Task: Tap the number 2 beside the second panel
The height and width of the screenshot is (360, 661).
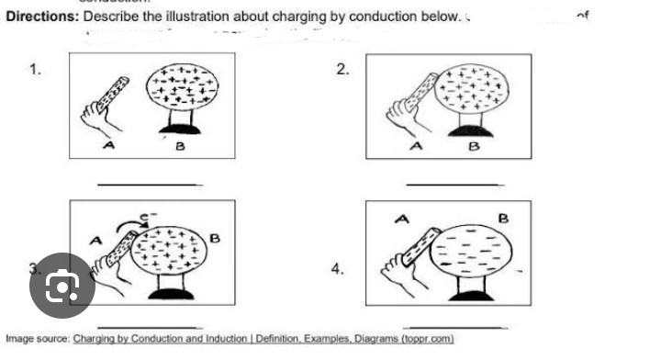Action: tap(342, 70)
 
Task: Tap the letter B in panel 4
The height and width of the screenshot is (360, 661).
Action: tap(502, 217)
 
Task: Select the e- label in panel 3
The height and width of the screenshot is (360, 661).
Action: tap(144, 214)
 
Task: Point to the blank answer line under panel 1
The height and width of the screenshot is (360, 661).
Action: tap(150, 184)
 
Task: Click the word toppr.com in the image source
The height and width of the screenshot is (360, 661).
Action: tap(428, 339)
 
